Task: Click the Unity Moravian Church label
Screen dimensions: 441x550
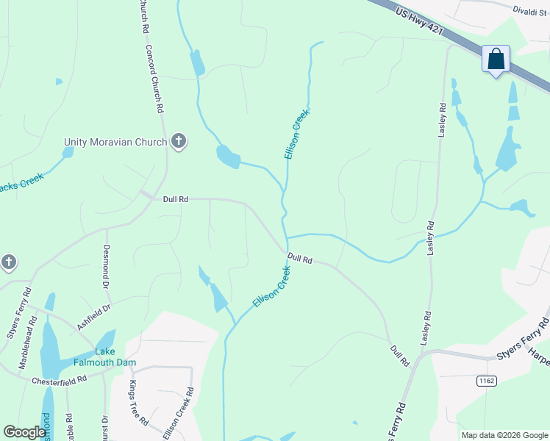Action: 115,142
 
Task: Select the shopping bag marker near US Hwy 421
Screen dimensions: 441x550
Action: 496,59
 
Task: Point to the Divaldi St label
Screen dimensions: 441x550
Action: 530,10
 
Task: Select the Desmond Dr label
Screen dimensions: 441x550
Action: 107,266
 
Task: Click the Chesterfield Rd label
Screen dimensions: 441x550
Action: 60,381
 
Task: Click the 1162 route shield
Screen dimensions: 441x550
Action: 485,380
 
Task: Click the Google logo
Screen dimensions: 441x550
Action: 24,432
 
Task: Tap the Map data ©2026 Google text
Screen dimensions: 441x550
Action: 504,435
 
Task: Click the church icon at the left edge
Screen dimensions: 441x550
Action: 8,262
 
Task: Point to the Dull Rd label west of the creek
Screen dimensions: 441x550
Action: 176,199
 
